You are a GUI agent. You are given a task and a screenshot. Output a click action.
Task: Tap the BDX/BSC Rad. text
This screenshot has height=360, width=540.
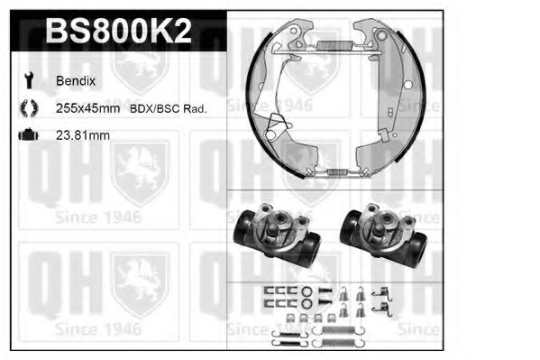point(169,108)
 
